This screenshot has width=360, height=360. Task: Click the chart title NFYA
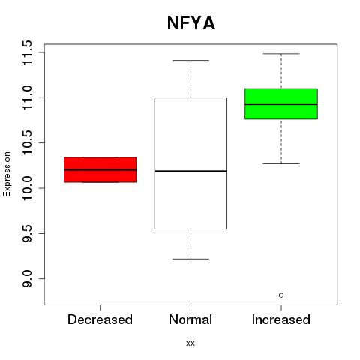tap(191, 23)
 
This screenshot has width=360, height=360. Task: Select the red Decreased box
tap(100, 169)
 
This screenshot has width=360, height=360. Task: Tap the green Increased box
tap(281, 103)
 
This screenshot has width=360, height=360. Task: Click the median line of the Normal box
tap(190, 171)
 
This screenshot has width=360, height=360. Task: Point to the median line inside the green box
tap(281, 104)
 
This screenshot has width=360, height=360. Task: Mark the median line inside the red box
tap(100, 169)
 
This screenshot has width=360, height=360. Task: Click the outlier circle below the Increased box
tap(281, 295)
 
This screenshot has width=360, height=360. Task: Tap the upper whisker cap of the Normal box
tap(190, 60)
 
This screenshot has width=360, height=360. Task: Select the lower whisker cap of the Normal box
tap(190, 259)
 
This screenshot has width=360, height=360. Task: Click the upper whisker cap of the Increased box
tap(281, 54)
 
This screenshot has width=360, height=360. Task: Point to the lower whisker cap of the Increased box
tap(281, 163)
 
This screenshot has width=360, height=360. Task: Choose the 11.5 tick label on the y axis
tap(27, 52)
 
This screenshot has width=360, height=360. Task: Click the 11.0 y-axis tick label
tap(27, 97)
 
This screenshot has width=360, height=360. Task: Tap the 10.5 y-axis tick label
tap(27, 142)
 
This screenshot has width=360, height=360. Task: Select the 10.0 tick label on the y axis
tap(27, 188)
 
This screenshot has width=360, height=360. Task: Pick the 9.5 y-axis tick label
tap(27, 233)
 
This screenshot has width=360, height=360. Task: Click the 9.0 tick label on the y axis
tap(27, 278)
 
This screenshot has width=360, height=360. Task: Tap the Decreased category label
tap(100, 319)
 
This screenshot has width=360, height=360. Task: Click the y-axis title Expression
tap(7, 174)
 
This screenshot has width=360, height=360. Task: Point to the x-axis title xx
tap(190, 343)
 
